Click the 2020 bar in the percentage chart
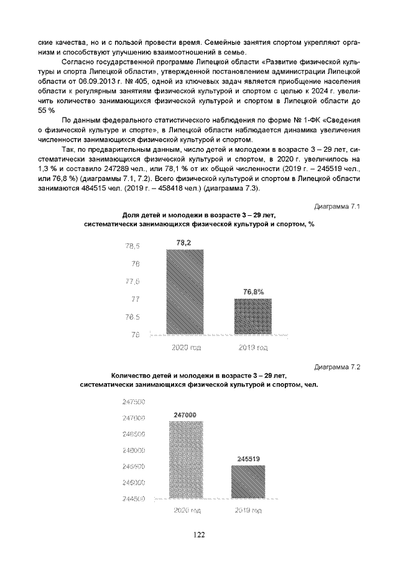[x=185, y=292]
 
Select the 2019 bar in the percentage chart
[x=252, y=317]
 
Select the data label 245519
[x=248, y=459]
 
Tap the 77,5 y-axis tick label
[x=133, y=282]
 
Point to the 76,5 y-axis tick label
[x=133, y=317]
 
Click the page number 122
[x=199, y=534]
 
